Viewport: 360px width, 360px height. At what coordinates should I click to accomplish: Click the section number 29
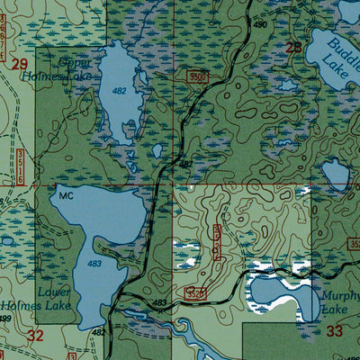click(x=20, y=64)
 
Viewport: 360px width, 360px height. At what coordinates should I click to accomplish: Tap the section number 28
click(x=293, y=48)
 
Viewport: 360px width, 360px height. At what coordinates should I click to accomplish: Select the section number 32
click(x=35, y=336)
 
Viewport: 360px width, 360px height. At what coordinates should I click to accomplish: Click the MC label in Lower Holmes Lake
click(x=64, y=194)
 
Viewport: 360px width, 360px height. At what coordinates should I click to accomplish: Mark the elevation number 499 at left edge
click(x=5, y=319)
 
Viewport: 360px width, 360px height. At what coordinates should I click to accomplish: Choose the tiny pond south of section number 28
click(x=287, y=86)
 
